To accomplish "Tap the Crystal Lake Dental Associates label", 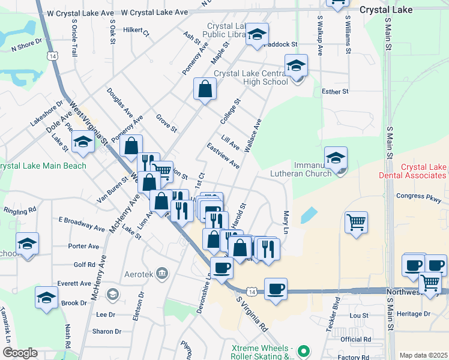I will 415,172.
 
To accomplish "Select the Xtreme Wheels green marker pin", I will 305,350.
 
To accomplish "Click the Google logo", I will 20,353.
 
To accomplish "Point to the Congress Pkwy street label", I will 418,196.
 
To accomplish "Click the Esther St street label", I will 335,92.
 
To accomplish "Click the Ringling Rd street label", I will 20,211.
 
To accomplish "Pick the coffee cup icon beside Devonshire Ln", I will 221,268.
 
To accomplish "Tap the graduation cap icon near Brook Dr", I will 46,298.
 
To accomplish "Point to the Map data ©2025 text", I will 423,355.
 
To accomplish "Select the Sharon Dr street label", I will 107,331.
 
